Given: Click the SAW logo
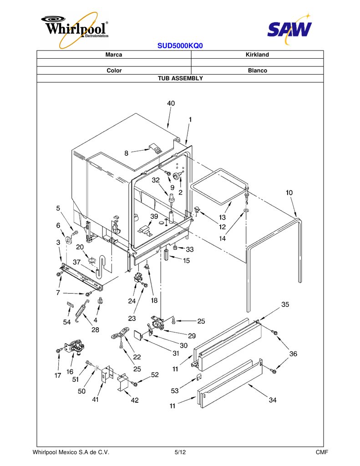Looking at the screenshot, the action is point(289,28).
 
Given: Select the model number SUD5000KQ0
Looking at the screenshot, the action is point(180,46).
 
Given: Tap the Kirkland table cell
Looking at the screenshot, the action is point(257,55).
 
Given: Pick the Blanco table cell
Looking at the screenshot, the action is point(257,71).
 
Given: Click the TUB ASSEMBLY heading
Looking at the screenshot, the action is point(180,78).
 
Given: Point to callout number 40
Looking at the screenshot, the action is point(171,103).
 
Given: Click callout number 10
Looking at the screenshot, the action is point(289,192).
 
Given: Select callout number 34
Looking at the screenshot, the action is point(273,400).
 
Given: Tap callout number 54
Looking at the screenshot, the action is point(67,322).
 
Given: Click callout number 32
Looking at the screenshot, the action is point(156,180).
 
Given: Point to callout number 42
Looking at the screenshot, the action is point(135,400).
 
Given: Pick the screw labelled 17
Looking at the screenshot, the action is point(59,351).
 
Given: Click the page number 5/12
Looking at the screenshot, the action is point(180,452).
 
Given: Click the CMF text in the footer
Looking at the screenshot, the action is point(322,452).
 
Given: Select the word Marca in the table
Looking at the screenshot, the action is point(114,55).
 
